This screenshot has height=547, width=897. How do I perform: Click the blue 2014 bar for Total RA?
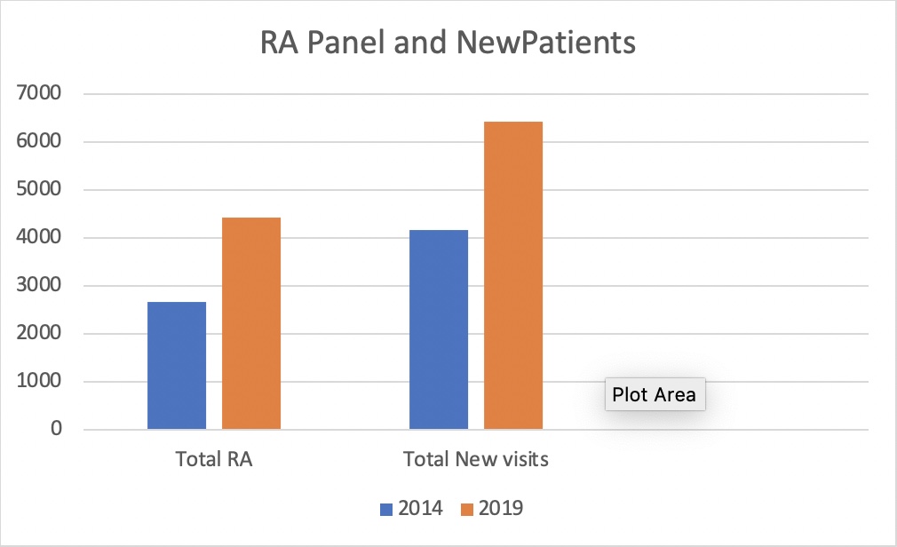[x=177, y=366]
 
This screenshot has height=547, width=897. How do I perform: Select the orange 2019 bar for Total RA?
[x=251, y=324]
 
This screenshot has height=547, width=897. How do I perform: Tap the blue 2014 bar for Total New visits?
[x=439, y=330]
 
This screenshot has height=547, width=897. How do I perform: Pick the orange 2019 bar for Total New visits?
[x=513, y=275]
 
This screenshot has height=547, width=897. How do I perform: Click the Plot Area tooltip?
[x=655, y=394]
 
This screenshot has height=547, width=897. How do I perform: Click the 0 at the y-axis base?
[x=56, y=430]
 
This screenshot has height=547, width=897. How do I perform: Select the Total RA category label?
[x=214, y=460]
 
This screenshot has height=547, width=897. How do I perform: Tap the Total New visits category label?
[x=476, y=460]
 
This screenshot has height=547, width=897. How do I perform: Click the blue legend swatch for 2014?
[x=386, y=509]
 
